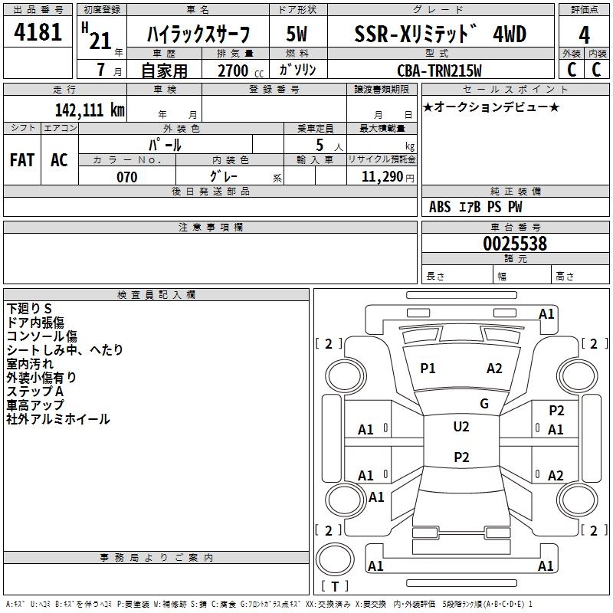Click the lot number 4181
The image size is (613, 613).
click(x=38, y=32)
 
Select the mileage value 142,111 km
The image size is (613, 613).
click(x=90, y=110)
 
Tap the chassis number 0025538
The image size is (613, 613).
click(x=515, y=243)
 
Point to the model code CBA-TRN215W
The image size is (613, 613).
click(x=439, y=70)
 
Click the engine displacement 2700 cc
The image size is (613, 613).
click(x=241, y=70)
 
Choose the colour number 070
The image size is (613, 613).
click(x=127, y=177)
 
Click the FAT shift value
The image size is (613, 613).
click(x=22, y=160)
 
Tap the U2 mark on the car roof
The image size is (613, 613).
click(x=461, y=427)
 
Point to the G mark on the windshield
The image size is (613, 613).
click(x=484, y=404)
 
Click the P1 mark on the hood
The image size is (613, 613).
click(x=428, y=369)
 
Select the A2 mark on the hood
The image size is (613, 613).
click(x=494, y=369)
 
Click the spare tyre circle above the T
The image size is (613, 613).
click(x=335, y=559)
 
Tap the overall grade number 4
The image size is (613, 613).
click(x=584, y=34)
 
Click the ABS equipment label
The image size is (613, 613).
click(x=440, y=207)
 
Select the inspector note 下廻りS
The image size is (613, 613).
click(x=29, y=309)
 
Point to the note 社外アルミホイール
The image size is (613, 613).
click(x=58, y=419)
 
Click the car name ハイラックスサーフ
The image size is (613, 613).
click(x=198, y=34)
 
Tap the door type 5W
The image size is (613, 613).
click(x=297, y=34)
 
